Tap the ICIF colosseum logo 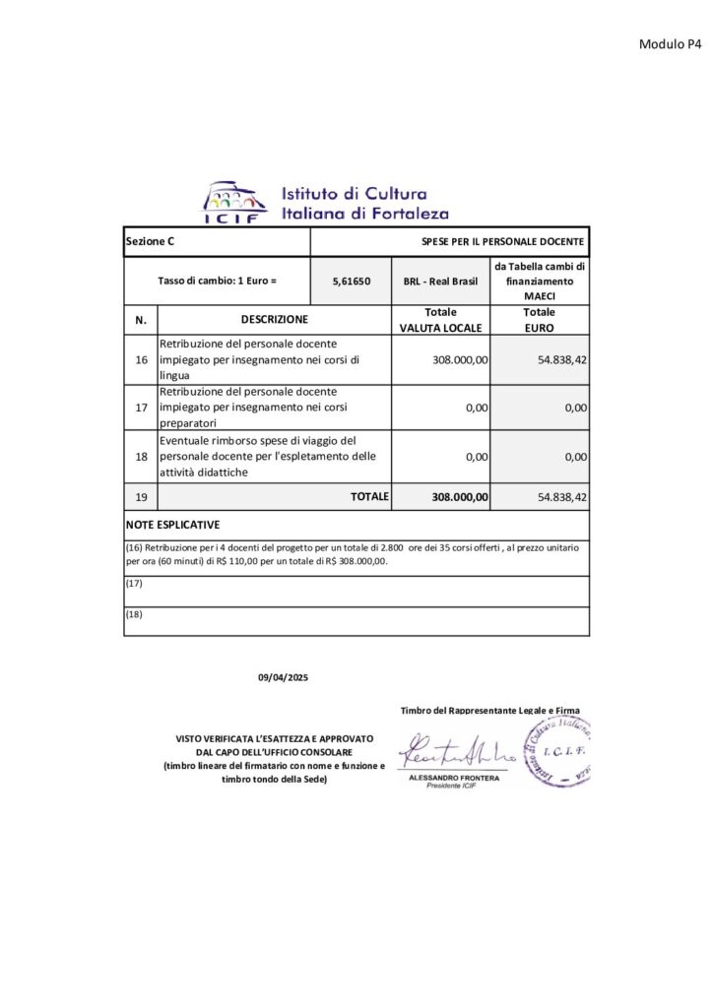point(233,202)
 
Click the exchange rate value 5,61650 point(351,281)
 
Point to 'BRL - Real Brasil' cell point(439,281)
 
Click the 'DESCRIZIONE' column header point(275,319)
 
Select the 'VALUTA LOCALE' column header point(440,327)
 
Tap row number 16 point(141,360)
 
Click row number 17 point(141,407)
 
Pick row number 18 point(141,457)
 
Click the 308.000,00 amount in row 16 point(460,360)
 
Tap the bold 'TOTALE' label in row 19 point(369,497)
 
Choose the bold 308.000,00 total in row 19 point(459,497)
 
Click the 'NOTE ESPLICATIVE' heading point(173,525)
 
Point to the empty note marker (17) point(135,584)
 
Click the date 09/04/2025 point(283,677)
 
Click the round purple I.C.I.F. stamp point(559,751)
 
